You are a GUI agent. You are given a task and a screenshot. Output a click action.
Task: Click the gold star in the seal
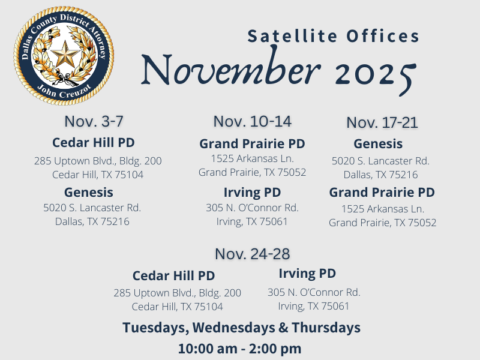(64, 56)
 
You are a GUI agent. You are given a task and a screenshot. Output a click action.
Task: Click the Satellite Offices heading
(334, 36)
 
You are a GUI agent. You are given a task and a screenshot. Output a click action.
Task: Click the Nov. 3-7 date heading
(94, 121)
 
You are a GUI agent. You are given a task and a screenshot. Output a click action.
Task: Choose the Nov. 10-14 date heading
(252, 121)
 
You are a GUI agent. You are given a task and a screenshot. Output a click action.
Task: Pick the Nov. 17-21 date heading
(382, 122)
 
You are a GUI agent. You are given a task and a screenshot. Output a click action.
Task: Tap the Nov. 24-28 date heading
(252, 254)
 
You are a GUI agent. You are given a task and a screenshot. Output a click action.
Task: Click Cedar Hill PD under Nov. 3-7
(93, 143)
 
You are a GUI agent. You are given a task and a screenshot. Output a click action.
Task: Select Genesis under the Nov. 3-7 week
(89, 192)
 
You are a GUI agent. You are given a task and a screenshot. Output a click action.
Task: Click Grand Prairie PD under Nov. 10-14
(252, 144)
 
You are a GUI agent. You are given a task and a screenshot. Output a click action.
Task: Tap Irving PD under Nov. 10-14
(252, 192)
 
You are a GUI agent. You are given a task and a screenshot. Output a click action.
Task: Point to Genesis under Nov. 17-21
(378, 144)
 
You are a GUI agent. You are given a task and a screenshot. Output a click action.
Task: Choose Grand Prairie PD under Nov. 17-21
(382, 193)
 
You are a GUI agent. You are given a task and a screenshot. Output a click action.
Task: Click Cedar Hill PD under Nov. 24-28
(173, 275)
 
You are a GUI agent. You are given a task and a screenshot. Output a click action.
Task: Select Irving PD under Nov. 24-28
(307, 274)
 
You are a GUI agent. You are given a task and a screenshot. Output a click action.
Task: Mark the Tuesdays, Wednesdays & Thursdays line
(241, 328)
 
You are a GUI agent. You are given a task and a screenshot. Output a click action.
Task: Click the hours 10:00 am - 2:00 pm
(239, 348)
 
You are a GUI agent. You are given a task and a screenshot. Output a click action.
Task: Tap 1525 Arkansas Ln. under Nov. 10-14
(252, 159)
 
